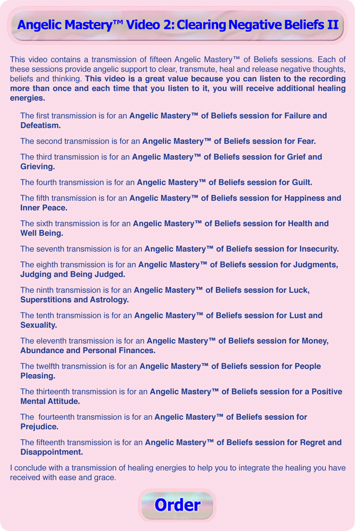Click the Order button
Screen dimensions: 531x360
[177, 505]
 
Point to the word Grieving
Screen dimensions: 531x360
[38, 167]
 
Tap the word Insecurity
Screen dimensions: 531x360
[315, 249]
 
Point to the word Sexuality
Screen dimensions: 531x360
[39, 325]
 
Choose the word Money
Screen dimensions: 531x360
[315, 341]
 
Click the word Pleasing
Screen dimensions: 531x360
[38, 376]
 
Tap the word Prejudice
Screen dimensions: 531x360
[39, 427]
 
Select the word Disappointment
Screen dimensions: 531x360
[52, 452]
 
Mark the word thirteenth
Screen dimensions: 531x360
[56, 391]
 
